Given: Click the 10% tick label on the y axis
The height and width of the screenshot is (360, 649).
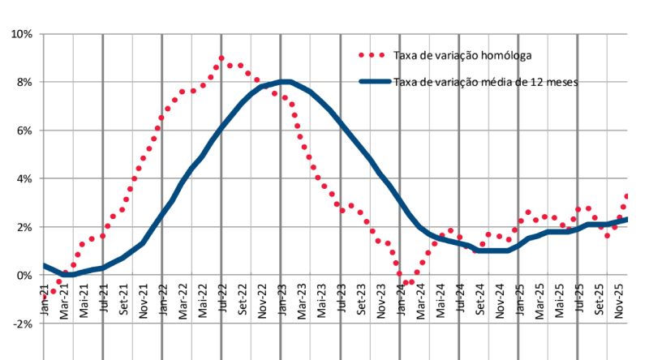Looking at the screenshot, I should tap(20, 34).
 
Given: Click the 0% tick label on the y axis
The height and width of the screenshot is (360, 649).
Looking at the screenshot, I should tap(23, 276).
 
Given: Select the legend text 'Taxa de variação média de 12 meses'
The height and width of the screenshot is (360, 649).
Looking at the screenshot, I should tap(484, 82).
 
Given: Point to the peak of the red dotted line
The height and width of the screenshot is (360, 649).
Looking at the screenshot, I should tap(221, 58).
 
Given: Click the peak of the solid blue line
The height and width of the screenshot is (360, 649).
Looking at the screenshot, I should tap(284, 81).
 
